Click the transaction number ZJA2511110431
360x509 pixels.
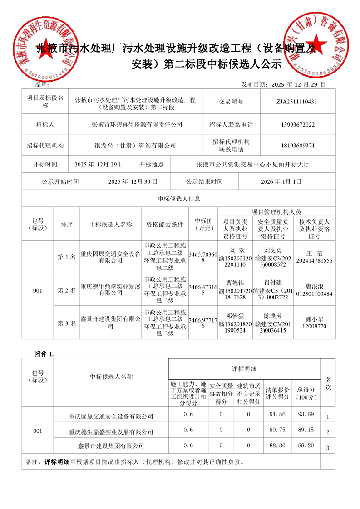click(x=299, y=102)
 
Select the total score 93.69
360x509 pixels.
click(x=306, y=414)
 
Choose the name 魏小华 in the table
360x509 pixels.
click(x=314, y=318)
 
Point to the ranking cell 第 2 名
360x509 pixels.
click(x=67, y=290)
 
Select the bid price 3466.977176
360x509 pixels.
click(x=202, y=323)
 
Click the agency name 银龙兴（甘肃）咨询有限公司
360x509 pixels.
click(x=135, y=146)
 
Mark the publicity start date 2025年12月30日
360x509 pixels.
click(x=133, y=181)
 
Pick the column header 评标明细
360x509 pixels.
click(x=244, y=369)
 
